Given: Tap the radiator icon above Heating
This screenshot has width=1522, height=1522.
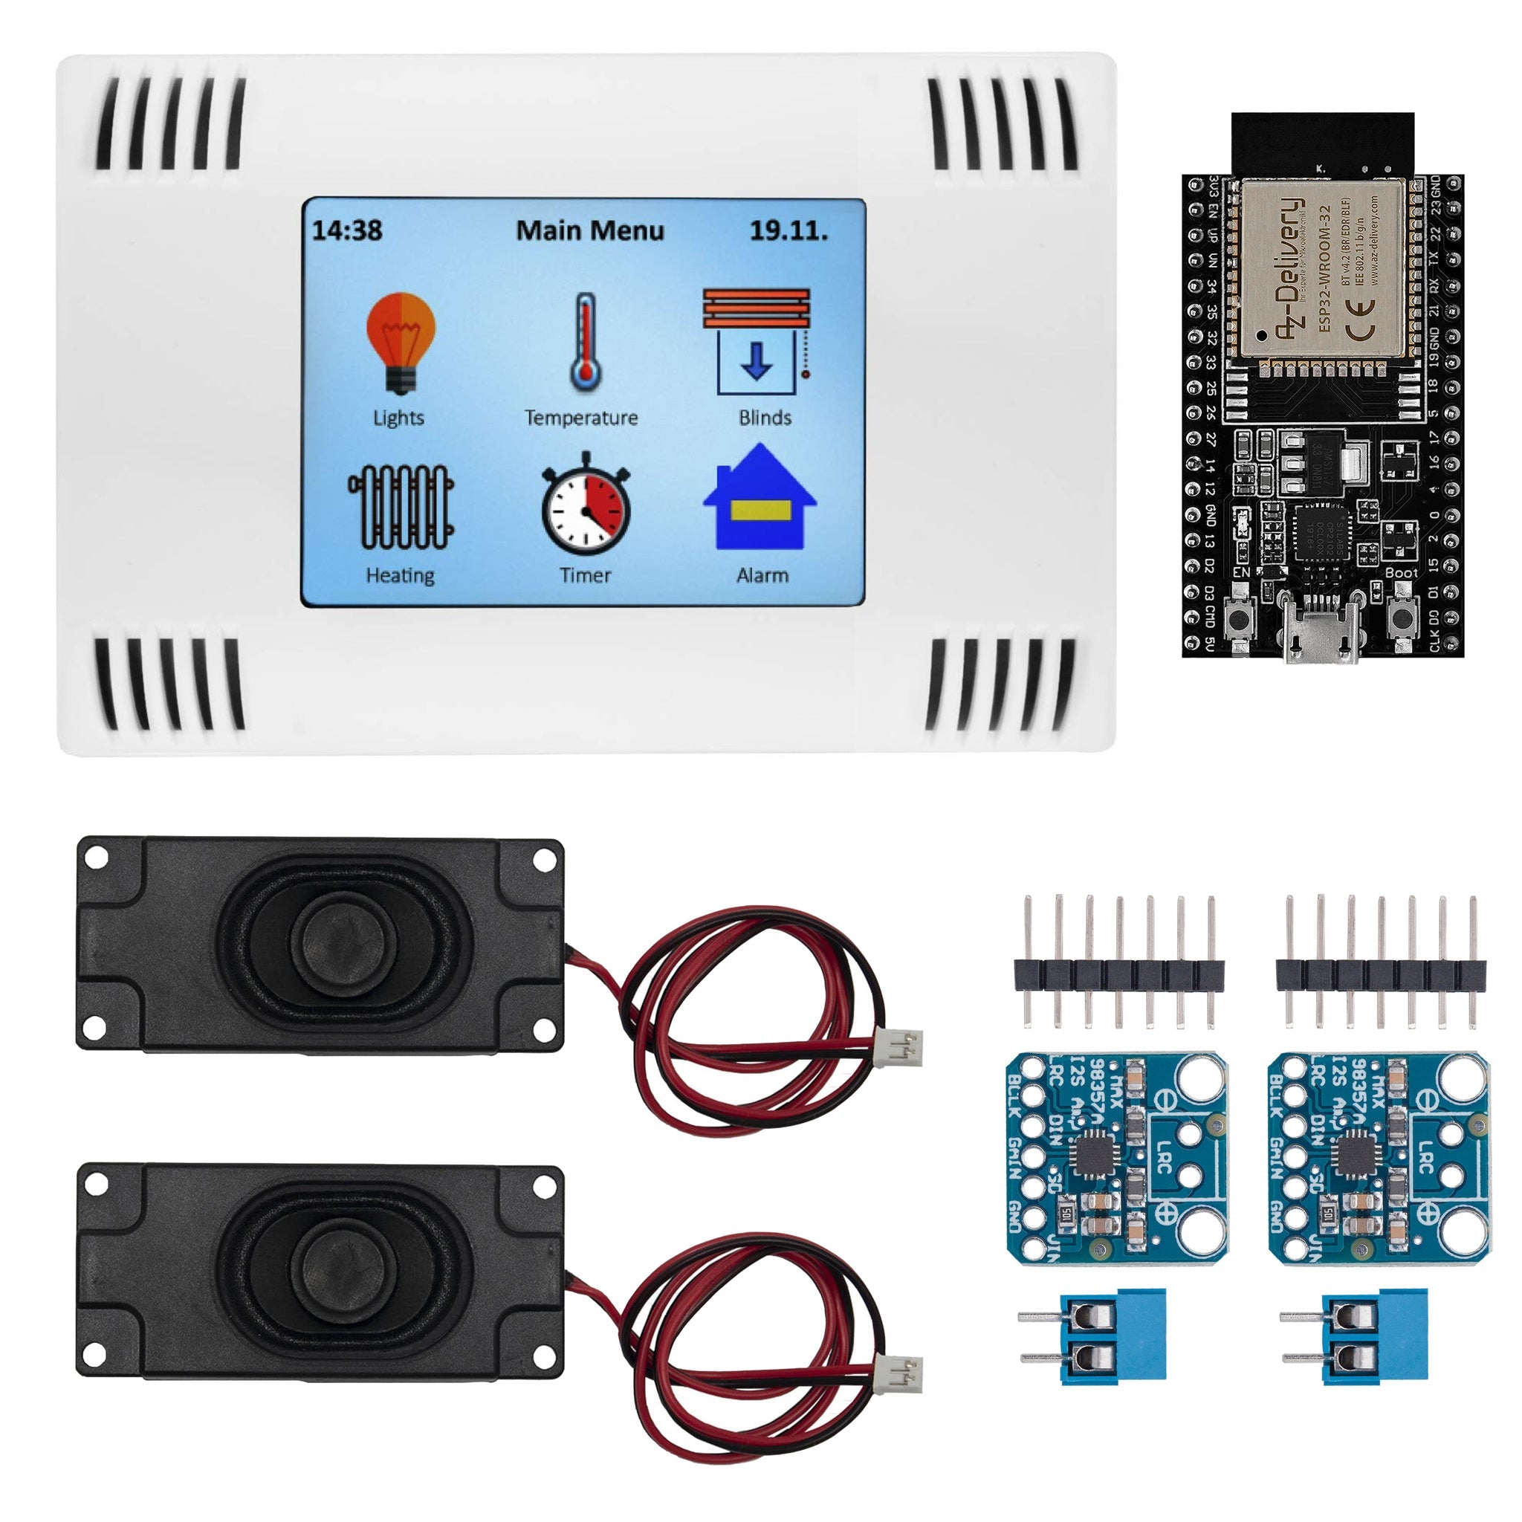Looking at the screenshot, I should [x=401, y=507].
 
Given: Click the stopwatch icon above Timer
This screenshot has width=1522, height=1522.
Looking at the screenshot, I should [x=586, y=503].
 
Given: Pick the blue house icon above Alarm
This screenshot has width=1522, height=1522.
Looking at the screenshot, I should [x=760, y=498].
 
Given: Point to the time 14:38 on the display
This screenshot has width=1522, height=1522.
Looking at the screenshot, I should [x=347, y=231].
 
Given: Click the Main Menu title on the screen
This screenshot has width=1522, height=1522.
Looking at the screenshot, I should [x=590, y=231].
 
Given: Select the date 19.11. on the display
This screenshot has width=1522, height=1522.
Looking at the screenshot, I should [x=788, y=231].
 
